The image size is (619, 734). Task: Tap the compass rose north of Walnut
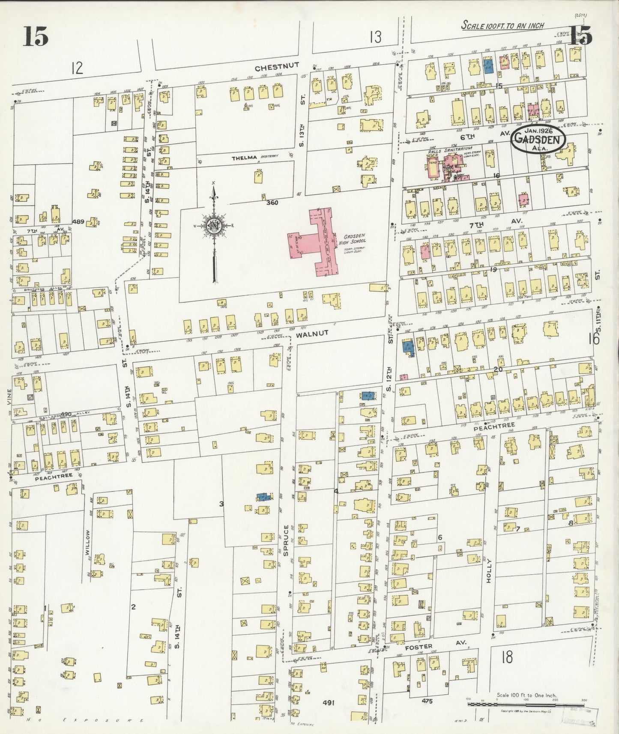(213, 227)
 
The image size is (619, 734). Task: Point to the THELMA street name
(243, 158)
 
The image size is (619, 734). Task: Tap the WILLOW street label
(88, 543)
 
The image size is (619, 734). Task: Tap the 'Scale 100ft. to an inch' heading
(502, 26)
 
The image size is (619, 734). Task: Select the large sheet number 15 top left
(36, 36)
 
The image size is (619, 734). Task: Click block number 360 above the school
(272, 202)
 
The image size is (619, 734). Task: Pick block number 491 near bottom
(328, 702)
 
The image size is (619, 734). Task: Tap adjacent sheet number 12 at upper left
(77, 68)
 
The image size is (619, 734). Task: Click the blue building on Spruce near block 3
(264, 497)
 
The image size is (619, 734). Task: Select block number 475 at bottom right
(427, 701)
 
